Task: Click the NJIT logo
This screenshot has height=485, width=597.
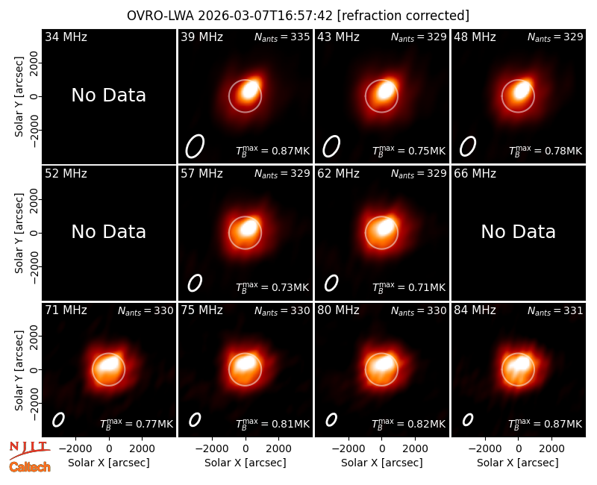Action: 29,450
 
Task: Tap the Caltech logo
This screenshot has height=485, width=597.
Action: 30,467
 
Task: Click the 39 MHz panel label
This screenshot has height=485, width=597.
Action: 201,37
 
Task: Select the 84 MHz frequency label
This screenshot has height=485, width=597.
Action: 475,310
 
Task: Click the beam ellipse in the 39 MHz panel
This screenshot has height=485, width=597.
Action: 195,145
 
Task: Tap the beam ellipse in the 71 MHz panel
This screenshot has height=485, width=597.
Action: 58,420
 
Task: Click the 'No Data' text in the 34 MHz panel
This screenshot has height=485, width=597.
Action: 109,96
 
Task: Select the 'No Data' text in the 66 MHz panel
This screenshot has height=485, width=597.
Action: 518,231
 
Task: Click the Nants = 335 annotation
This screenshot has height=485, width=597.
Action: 282,37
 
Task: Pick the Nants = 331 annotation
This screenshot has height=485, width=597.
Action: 555,310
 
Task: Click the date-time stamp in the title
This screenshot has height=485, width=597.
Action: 266,16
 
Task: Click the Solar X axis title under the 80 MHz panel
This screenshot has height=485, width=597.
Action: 382,463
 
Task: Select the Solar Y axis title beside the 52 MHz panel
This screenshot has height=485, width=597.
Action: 19,233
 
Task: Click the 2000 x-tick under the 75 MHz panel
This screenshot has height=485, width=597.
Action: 278,448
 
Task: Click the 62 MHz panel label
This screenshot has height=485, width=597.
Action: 339,174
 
